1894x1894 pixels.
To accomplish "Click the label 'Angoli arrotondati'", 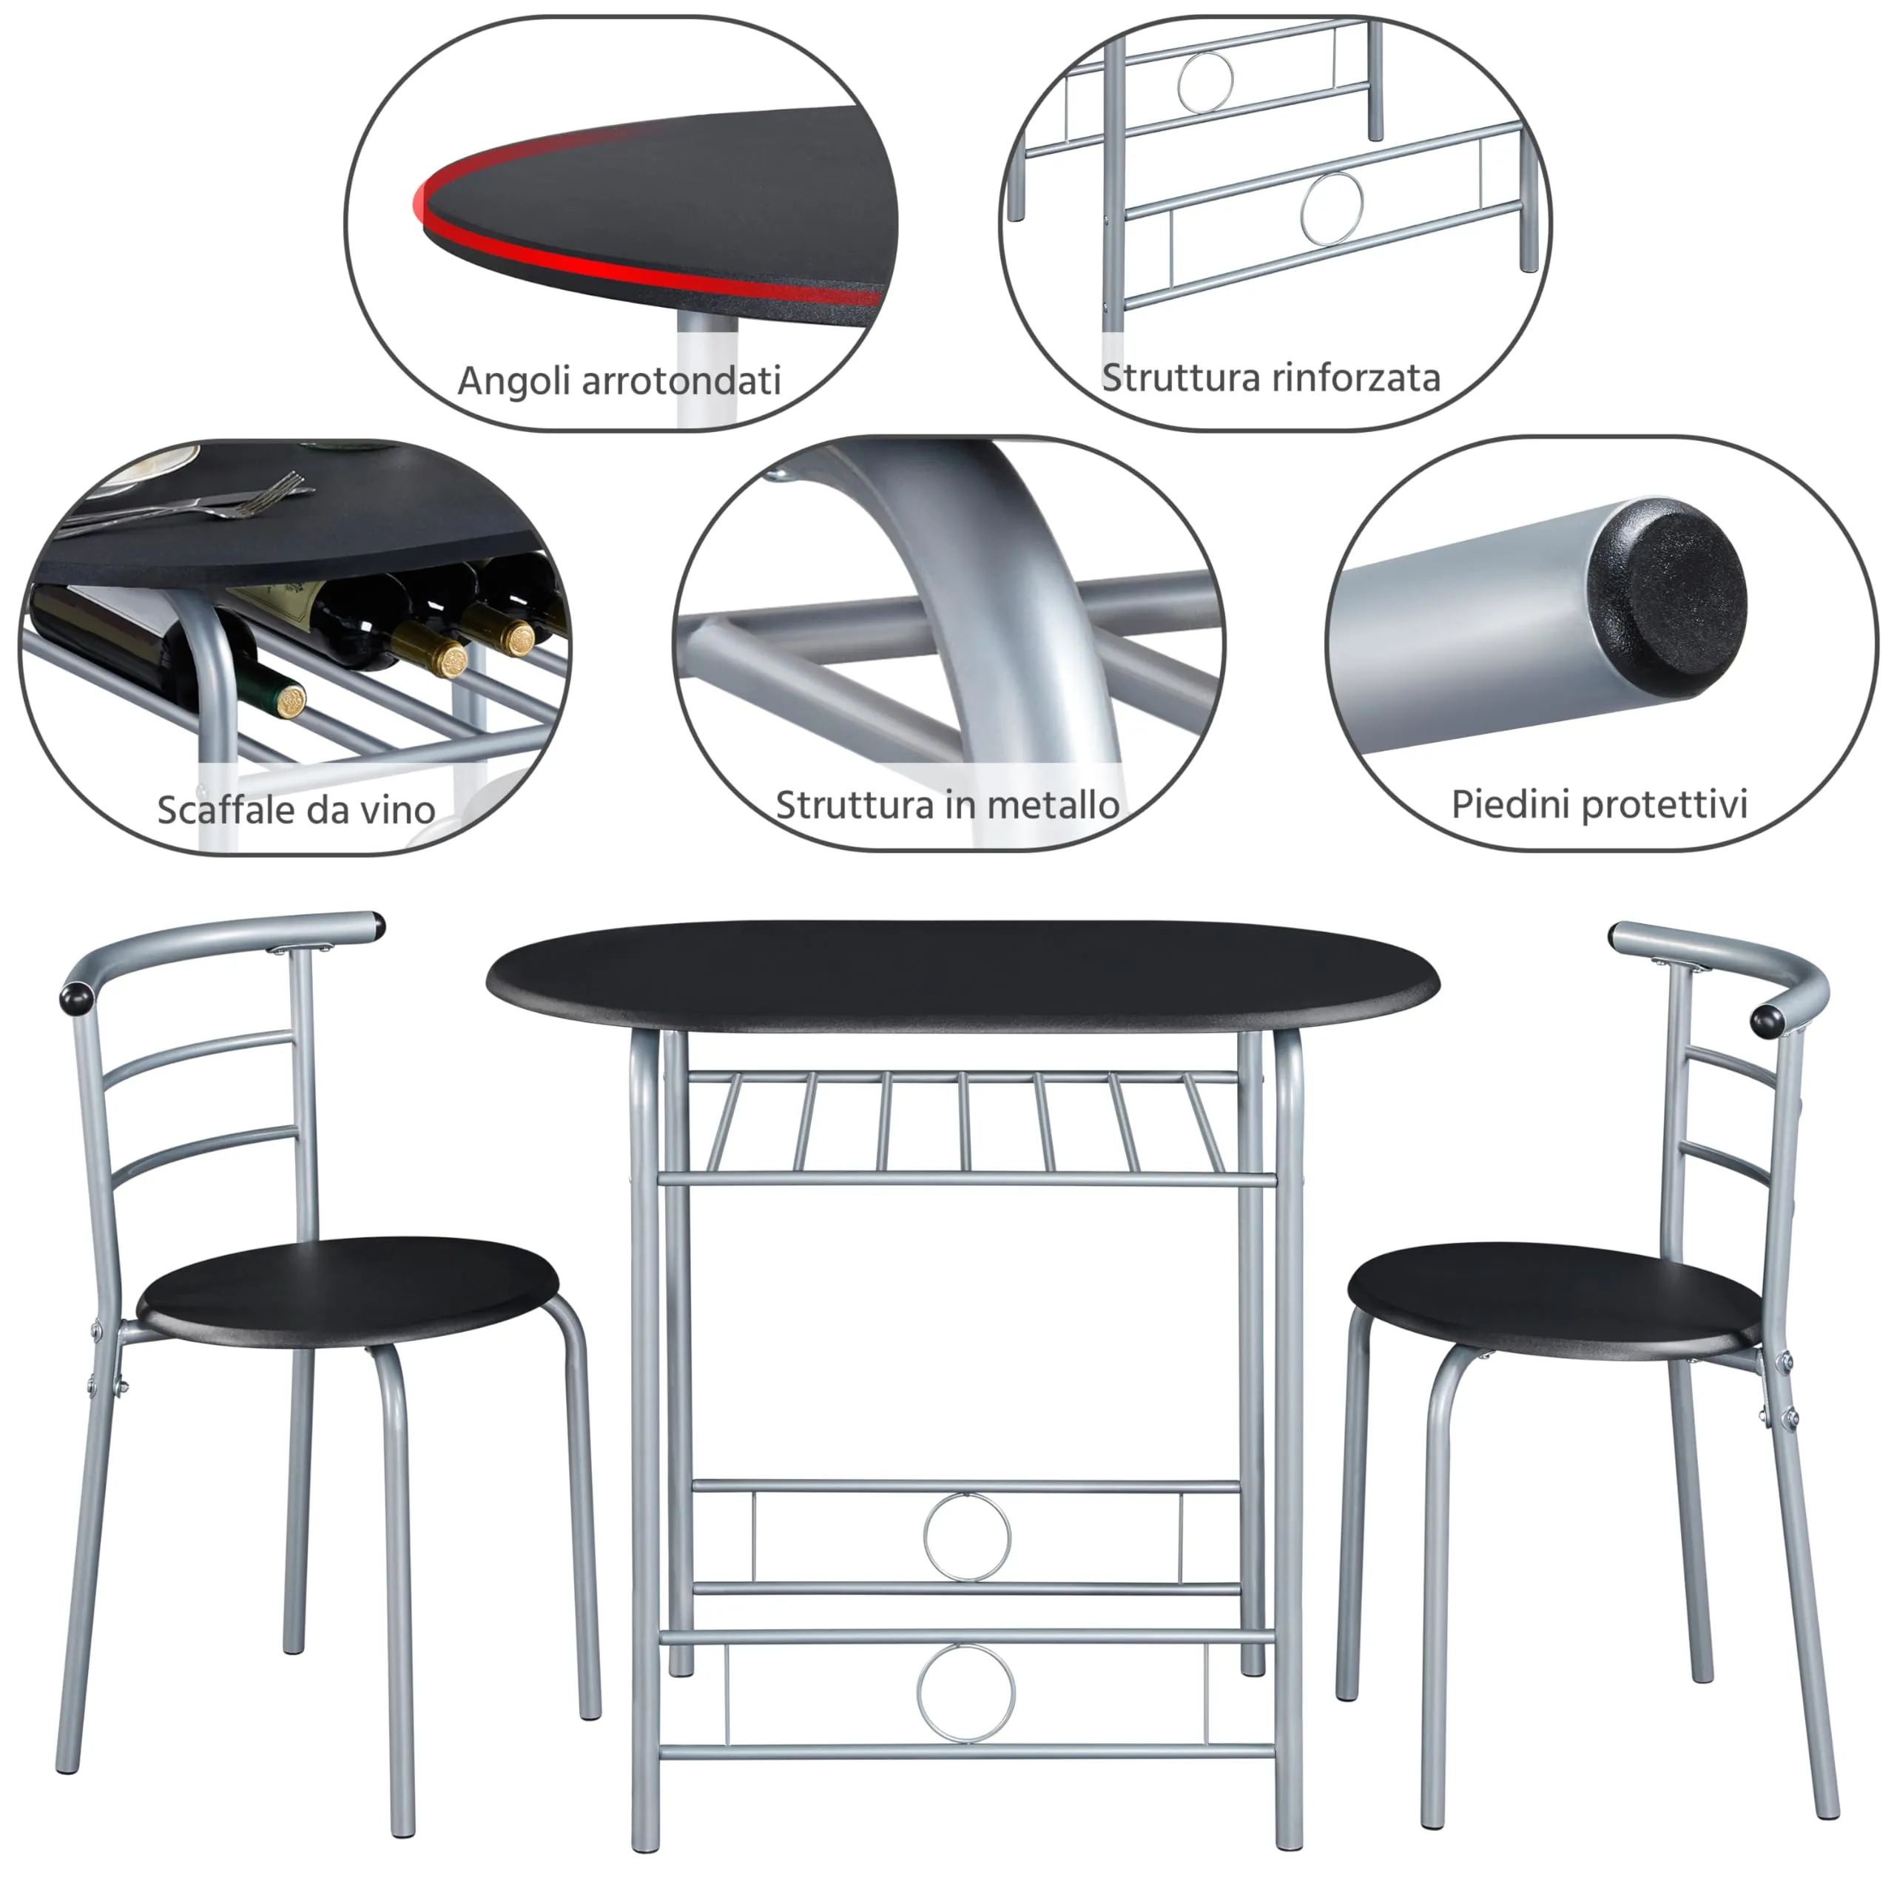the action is [x=619, y=380].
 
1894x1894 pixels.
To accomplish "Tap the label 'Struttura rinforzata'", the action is [x=1270, y=377].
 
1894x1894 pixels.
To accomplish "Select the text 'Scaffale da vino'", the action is [x=296, y=809].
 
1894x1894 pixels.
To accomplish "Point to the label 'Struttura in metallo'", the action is [x=947, y=805].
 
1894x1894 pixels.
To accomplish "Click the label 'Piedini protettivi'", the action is [x=1599, y=804].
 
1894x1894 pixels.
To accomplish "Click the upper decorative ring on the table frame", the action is [x=967, y=1536].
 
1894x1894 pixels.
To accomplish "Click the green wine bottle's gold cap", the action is [x=289, y=700].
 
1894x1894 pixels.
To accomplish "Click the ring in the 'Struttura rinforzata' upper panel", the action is [x=1206, y=81].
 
